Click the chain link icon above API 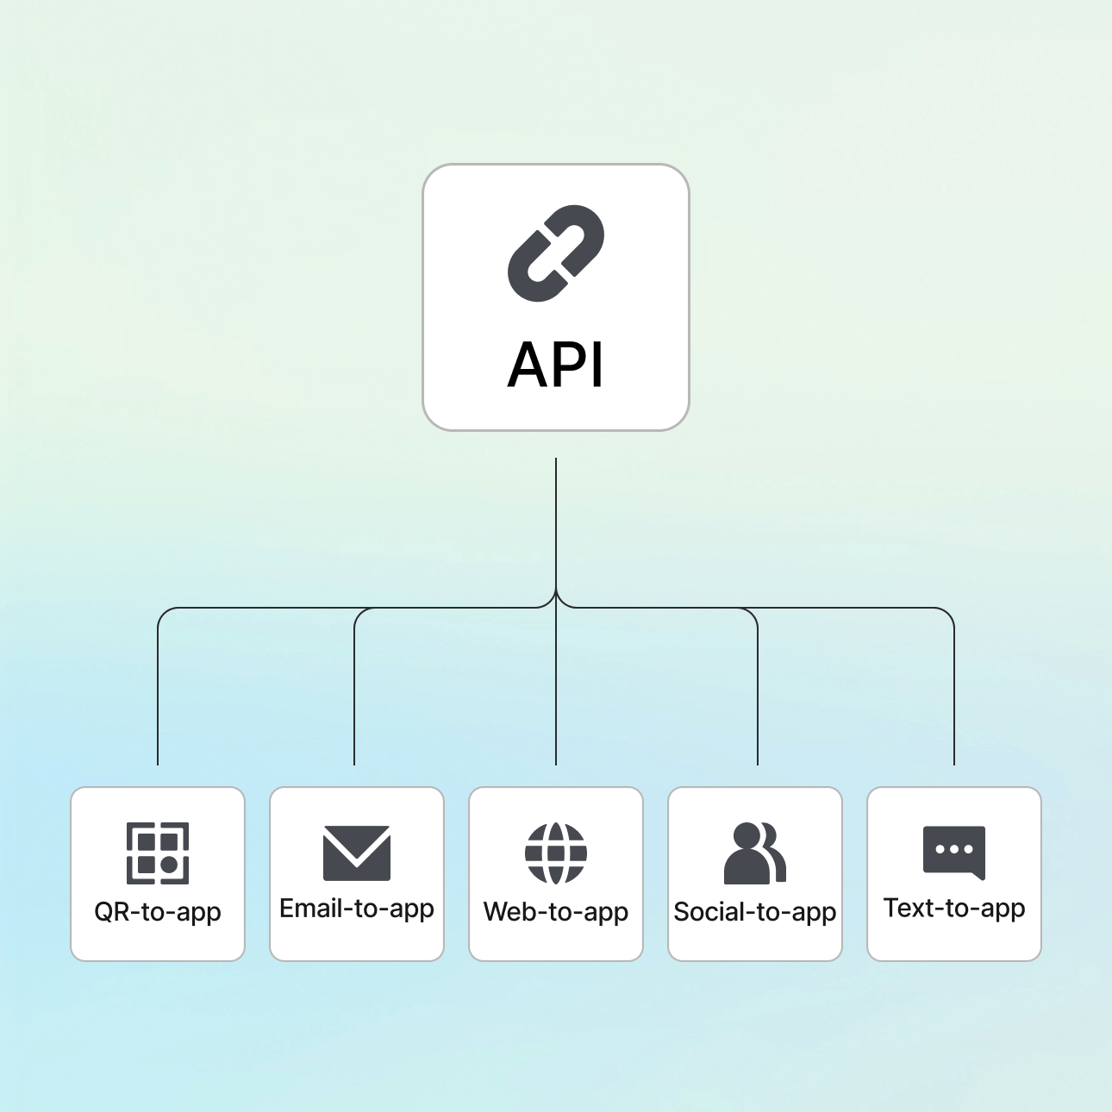pos(556,253)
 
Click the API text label pos(556,365)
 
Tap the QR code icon pos(158,853)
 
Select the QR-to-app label pos(158,912)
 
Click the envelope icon pos(357,853)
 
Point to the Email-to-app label pos(357,909)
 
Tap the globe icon pos(556,853)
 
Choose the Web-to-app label pos(556,912)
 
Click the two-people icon pos(755,853)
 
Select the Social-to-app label pos(755,912)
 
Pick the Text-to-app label pos(954,909)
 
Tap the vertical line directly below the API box pos(556,517)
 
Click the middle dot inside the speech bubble pos(953,849)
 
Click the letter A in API pos(528,365)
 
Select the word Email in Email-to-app pos(312,908)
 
